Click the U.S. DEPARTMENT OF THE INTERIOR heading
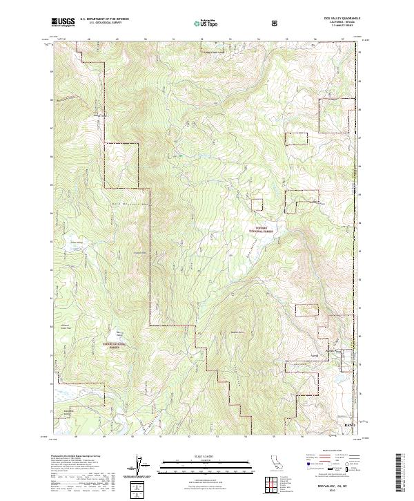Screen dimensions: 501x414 pyautogui.click(x=100, y=19)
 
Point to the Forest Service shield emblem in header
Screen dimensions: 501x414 pyautogui.click(x=277, y=22)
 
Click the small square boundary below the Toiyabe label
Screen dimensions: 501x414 pyautogui.click(x=257, y=204)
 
